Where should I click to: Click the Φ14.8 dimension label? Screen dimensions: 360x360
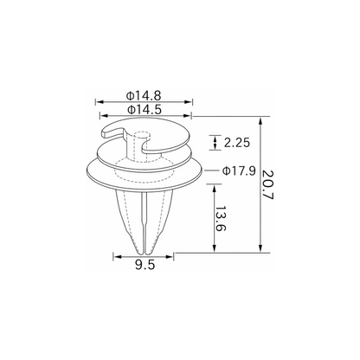[x=144, y=95]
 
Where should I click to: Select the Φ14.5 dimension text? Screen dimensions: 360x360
[x=145, y=110]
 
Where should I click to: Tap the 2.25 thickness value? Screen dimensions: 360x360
[x=237, y=143]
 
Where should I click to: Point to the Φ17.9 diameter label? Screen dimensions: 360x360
[x=239, y=171]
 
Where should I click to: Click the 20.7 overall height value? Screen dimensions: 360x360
[x=267, y=185]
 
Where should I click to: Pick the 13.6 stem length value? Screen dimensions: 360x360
[x=221, y=218]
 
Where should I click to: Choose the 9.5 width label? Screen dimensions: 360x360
[x=145, y=265]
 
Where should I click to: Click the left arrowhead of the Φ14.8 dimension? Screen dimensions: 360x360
[x=100, y=102]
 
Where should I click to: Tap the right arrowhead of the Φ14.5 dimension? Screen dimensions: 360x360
[x=187, y=116]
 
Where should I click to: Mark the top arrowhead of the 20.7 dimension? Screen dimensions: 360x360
[x=260, y=121]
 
